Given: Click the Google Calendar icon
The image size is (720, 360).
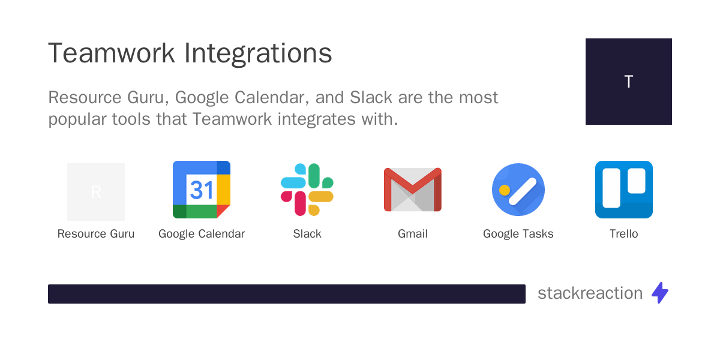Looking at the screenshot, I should coord(202,190).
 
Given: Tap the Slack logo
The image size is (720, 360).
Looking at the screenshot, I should coord(307,190).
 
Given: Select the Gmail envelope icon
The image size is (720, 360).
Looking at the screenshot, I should coord(413,190).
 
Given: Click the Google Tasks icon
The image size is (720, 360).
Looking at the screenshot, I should coord(518,190).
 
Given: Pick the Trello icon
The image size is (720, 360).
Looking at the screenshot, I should coord(624,190).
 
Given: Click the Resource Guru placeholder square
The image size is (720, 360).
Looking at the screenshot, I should coord(96,192).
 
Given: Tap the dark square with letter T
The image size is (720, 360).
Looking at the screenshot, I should coord(629,82).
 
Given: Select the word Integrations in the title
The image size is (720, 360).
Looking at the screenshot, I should coord(258,53).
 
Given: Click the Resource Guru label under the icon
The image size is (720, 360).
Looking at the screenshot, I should coord(96,234).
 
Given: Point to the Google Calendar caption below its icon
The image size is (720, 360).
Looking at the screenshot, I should coord(202,234).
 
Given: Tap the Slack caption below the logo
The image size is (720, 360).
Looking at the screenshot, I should coord(307,234).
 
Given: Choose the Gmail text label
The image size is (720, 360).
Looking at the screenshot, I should coord(413,234).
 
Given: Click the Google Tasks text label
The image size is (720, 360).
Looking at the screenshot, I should coord(518,234).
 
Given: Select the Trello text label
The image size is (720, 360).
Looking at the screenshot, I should coord(624,234).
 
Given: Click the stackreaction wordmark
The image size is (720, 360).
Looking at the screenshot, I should coord(590,293).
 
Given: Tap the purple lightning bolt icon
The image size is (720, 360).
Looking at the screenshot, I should coord(660,293).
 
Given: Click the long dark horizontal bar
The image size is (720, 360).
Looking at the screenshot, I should coord(287,294).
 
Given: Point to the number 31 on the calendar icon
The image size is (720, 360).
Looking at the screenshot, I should coord(202,190).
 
